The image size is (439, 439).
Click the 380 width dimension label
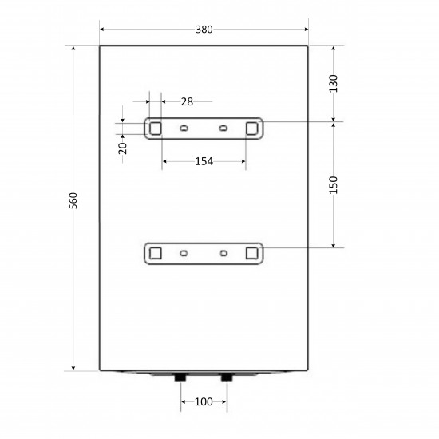pyautogui.click(x=204, y=30)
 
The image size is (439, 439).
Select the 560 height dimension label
pyautogui.click(x=73, y=200)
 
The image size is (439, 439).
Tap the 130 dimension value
pyautogui.click(x=333, y=84)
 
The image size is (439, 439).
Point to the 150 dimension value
pyautogui.click(x=333, y=185)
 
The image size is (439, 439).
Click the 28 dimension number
pyautogui.click(x=187, y=101)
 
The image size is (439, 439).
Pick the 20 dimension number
pyautogui.click(x=122, y=148)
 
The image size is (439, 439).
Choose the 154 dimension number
pyautogui.click(x=204, y=161)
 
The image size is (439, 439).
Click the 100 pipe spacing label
pyautogui.click(x=204, y=402)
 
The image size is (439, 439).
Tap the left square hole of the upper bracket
pyautogui.click(x=156, y=129)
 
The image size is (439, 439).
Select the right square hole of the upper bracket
pyautogui.click(x=252, y=129)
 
